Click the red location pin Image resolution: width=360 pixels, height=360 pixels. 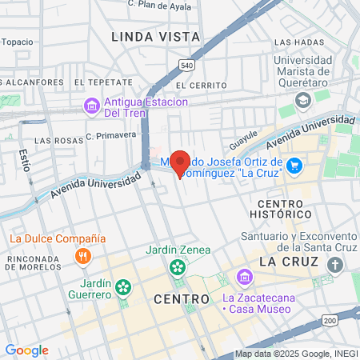click(180, 162)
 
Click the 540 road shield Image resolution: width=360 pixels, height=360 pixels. click(186, 65)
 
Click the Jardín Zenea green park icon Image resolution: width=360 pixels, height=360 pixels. click(178, 267)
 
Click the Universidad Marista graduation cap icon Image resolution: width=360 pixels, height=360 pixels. click(302, 99)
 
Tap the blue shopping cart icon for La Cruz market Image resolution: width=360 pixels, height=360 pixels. click(294, 165)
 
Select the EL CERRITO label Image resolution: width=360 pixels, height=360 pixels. click(196, 85)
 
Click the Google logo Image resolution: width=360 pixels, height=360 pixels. click(26, 350)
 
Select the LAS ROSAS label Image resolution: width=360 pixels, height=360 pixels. click(54, 141)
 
